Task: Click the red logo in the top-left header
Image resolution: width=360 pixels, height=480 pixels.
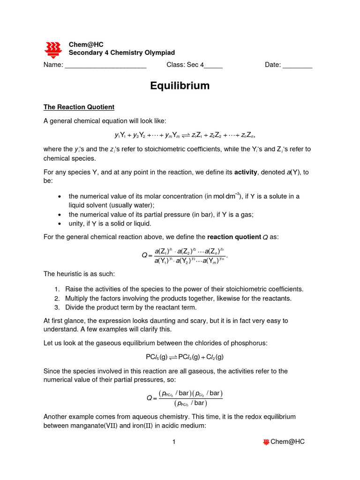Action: pyautogui.click(x=53, y=49)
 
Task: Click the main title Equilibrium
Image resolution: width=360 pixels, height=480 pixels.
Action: pyautogui.click(x=180, y=86)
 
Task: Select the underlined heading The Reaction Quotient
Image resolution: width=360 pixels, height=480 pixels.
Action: pyautogui.click(x=79, y=107)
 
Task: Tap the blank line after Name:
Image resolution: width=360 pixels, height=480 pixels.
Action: pyautogui.click(x=105, y=66)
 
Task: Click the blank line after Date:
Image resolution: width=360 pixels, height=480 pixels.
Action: pyautogui.click(x=297, y=66)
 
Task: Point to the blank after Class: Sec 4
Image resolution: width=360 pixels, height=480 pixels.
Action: pyautogui.click(x=213, y=66)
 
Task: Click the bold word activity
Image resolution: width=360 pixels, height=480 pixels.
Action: pyautogui.click(x=246, y=172)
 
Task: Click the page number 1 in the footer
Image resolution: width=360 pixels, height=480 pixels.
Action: pyautogui.click(x=173, y=442)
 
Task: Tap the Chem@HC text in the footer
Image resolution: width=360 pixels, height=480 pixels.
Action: pyautogui.click(x=287, y=442)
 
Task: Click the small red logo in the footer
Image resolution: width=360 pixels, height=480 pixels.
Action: pyautogui.click(x=266, y=442)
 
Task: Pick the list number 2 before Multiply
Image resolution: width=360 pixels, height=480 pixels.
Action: pyautogui.click(x=56, y=298)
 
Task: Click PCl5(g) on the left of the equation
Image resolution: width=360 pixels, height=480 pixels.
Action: pyautogui.click(x=157, y=357)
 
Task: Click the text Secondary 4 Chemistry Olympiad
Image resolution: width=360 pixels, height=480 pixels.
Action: pyautogui.click(x=122, y=53)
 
